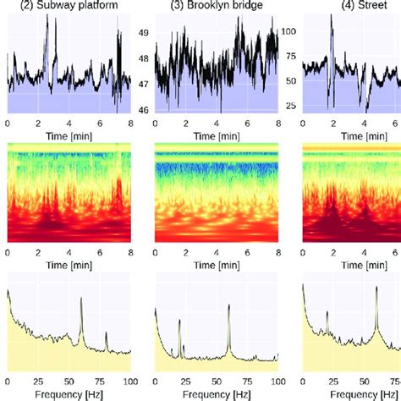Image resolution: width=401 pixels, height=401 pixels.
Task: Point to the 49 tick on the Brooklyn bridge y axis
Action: point(143,33)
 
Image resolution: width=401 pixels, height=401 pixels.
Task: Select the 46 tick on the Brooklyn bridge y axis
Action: point(143,111)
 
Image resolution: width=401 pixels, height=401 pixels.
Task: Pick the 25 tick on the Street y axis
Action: point(290,106)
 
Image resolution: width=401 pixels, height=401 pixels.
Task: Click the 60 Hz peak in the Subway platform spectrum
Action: point(81,299)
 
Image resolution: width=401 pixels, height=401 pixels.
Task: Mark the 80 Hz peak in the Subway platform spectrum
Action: point(106,334)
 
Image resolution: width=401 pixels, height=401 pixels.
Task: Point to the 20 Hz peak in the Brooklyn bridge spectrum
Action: point(179,322)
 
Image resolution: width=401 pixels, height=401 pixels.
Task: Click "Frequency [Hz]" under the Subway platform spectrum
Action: point(69,394)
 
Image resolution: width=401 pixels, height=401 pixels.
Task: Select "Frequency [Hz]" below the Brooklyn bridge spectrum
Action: point(216,394)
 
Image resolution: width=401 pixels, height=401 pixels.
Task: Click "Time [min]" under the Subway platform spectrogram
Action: point(69,269)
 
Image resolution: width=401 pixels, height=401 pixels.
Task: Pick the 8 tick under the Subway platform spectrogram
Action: point(130,253)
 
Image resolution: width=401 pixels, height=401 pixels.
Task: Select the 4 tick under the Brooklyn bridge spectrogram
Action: point(216,253)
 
